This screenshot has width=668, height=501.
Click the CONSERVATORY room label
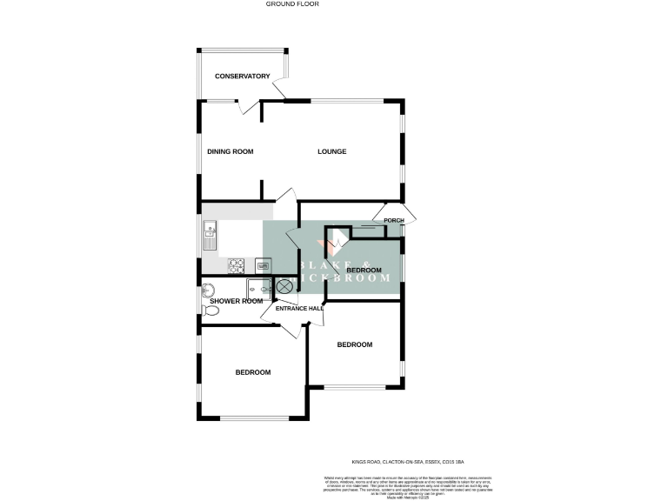pos(243,77)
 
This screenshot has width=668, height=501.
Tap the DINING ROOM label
pos(230,152)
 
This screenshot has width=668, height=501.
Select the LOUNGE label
pos(331,152)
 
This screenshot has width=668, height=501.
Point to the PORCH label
pos(394,221)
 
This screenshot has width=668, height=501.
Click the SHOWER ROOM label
pos(236,302)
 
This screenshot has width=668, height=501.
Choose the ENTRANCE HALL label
pos(299,308)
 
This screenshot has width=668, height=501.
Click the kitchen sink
pos(210,233)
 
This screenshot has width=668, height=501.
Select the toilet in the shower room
pos(210,311)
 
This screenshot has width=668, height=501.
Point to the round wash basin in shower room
pos(208,291)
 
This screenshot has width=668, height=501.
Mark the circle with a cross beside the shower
pos(285,287)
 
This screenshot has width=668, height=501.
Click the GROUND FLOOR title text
pos(292,4)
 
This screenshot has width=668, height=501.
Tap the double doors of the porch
pos(391,211)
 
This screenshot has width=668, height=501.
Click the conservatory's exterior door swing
pos(280,88)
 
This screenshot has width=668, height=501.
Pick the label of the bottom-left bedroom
pos(252,372)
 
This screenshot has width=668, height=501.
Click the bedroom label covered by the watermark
pos(364,271)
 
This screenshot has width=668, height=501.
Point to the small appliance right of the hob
pos(263,264)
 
